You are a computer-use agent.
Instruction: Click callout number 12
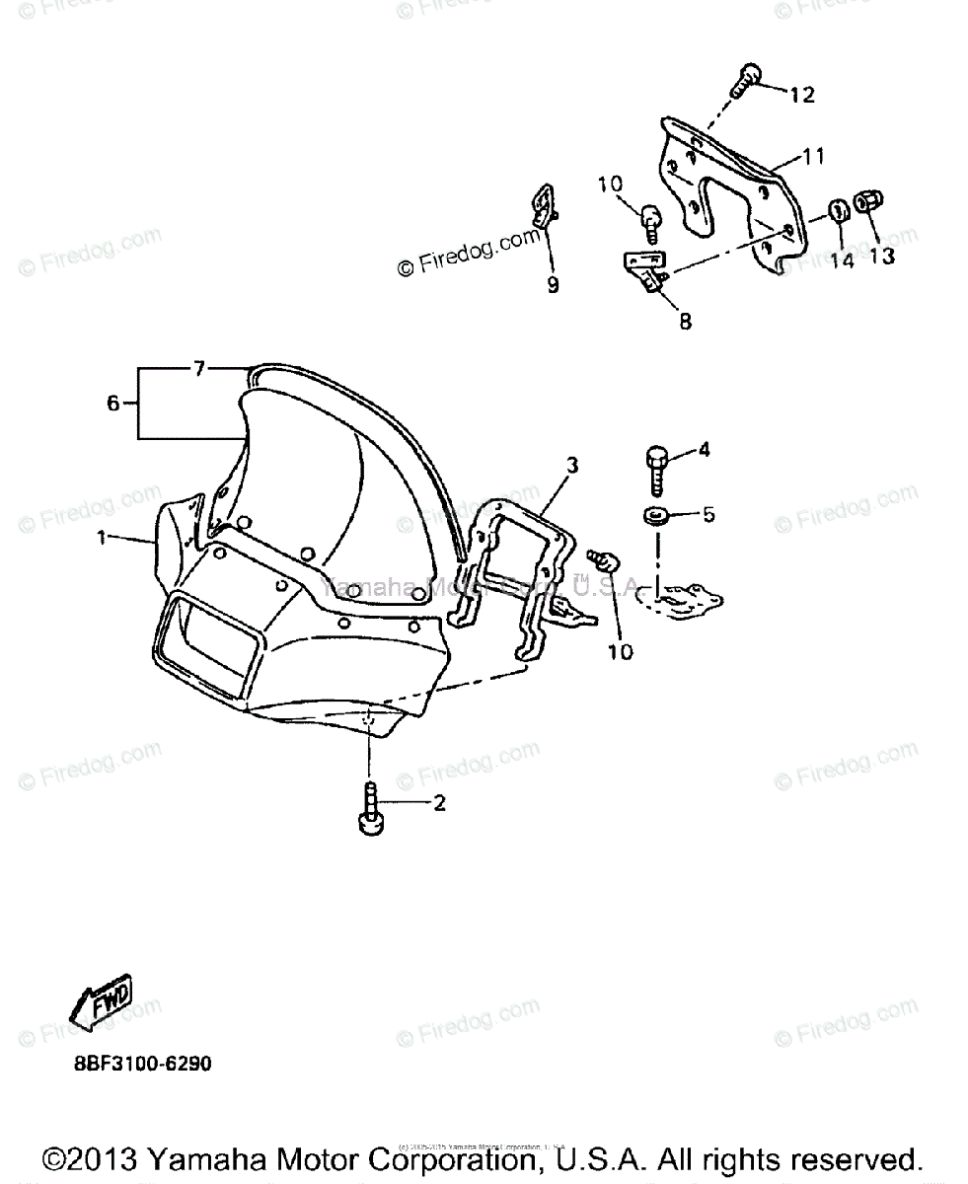(801, 95)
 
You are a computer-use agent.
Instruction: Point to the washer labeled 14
(837, 210)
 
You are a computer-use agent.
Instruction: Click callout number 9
(553, 285)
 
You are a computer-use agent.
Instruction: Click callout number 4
(704, 450)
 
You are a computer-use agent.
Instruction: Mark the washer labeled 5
(655, 515)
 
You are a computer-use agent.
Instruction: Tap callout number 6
(112, 403)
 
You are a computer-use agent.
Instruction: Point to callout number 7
(198, 369)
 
